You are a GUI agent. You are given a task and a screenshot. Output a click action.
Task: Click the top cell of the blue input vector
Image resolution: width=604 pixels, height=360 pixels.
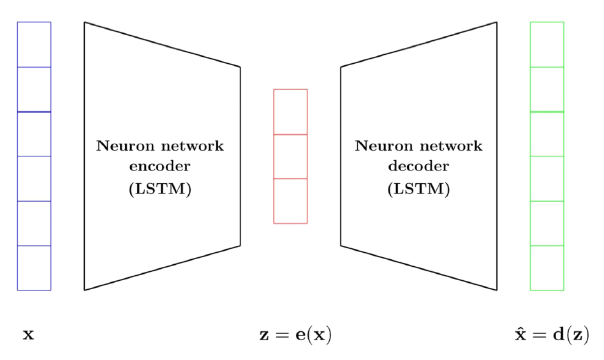click(34, 44)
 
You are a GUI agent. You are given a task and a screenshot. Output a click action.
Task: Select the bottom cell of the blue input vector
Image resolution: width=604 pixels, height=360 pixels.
click(34, 268)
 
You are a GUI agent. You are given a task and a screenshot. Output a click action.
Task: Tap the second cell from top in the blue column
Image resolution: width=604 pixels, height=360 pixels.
click(34, 89)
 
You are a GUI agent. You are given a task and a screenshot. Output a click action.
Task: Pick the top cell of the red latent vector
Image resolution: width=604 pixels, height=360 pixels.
click(290, 112)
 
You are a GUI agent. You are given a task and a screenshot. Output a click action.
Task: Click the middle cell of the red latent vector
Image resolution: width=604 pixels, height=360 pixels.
click(290, 156)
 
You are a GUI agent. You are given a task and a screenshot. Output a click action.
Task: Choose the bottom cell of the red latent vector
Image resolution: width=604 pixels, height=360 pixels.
click(290, 201)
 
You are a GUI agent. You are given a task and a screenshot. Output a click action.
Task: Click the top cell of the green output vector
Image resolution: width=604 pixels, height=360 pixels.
click(547, 44)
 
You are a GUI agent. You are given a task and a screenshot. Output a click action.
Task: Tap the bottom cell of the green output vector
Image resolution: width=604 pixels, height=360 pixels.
click(547, 268)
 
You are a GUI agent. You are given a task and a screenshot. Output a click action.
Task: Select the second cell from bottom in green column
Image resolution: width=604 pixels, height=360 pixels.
click(547, 223)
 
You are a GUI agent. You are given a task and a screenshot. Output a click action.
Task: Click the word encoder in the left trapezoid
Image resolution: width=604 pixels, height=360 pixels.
click(160, 168)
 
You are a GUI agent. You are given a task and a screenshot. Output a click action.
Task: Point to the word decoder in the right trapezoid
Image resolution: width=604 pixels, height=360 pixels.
click(418, 168)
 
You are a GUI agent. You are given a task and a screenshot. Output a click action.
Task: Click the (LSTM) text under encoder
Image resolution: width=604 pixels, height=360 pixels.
click(160, 190)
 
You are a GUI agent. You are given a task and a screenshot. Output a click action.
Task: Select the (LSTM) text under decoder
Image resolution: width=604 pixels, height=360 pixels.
click(418, 190)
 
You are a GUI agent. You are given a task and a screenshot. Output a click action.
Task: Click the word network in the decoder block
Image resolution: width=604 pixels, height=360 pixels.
click(452, 146)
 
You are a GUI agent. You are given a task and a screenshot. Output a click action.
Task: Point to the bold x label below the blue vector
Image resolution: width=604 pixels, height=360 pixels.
click(28, 334)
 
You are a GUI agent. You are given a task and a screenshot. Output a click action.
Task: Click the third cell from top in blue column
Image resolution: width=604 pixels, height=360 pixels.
click(34, 134)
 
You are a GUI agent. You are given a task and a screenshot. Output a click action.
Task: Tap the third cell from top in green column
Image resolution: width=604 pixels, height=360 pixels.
click(547, 134)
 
